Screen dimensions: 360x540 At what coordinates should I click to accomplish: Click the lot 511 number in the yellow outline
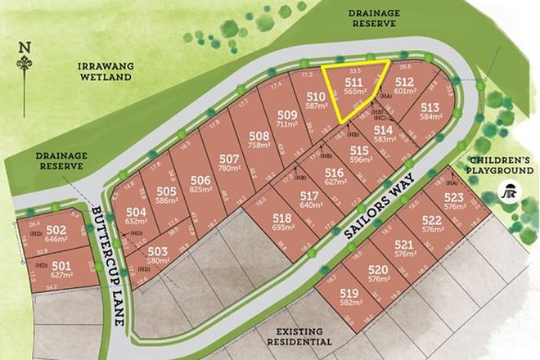point(353,83)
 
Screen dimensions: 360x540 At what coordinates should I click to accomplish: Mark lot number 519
point(349,292)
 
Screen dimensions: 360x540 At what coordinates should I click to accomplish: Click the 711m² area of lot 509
point(287,124)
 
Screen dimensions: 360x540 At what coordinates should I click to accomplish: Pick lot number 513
point(430,106)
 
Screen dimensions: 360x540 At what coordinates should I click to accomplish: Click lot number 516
point(334,172)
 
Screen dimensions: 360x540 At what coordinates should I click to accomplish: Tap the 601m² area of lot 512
point(406,92)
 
